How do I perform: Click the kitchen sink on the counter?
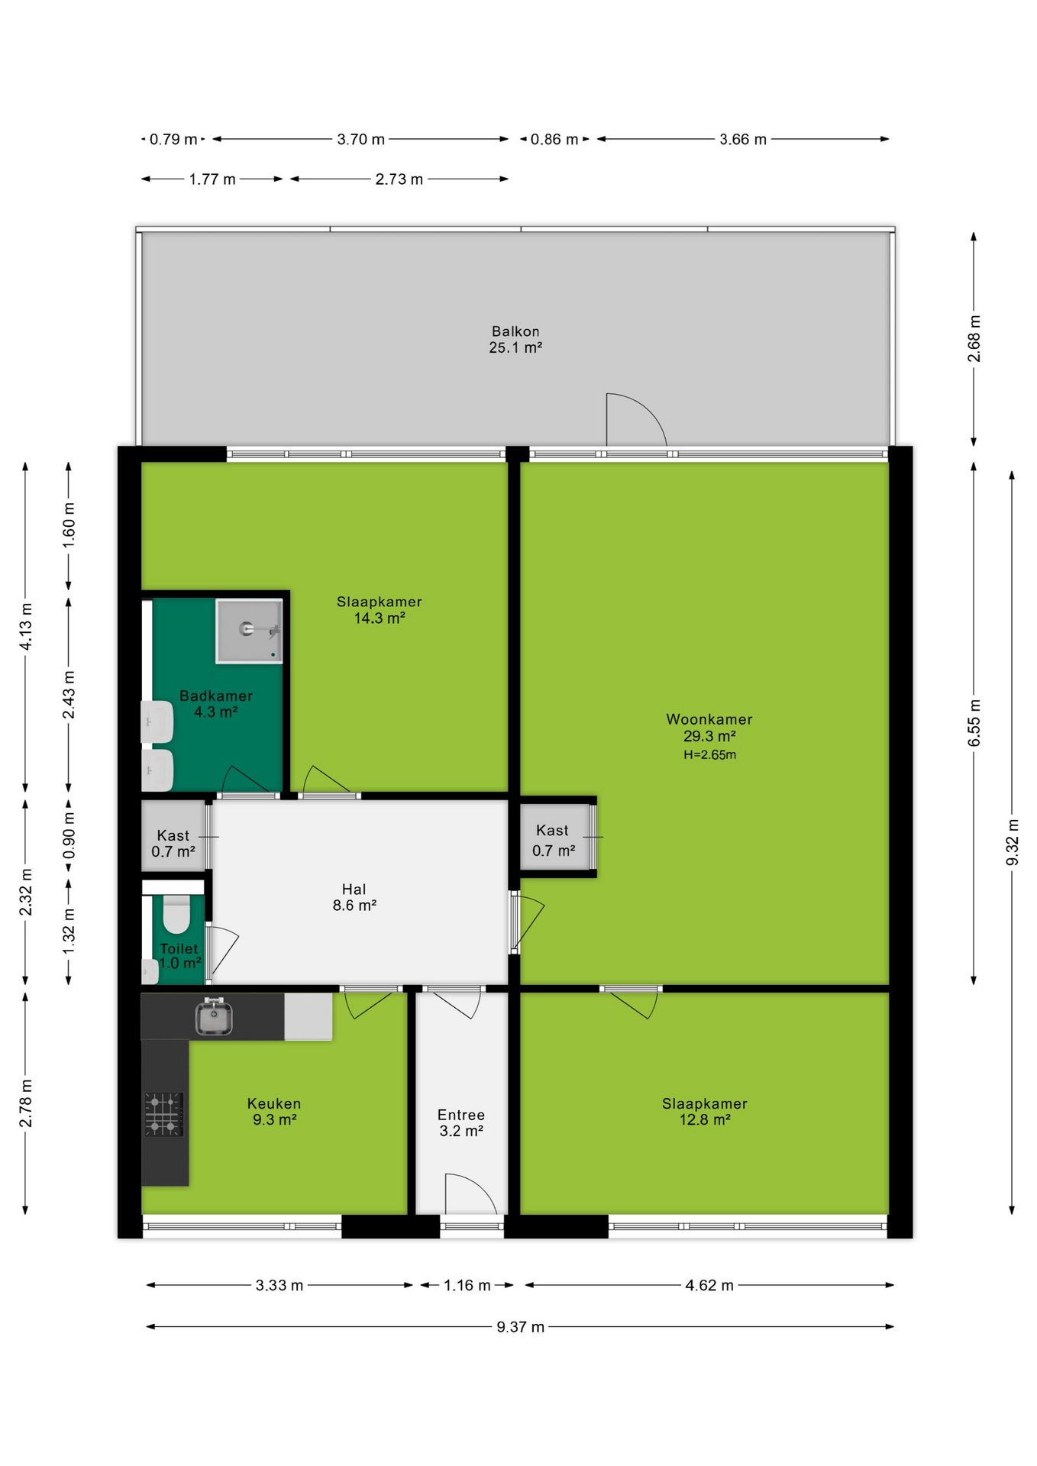pos(214,1016)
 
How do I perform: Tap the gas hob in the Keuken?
pos(163,1115)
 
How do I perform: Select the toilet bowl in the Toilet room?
pos(176,915)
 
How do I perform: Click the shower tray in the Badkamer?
pos(249,631)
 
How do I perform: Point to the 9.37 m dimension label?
pos(521,1327)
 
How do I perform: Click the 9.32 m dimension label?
pos(1013,842)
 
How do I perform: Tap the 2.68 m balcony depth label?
pos(974,338)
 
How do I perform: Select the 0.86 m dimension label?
pos(554,139)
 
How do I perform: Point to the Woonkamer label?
pos(709,719)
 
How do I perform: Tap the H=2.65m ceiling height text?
pos(710,755)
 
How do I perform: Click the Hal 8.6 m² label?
pos(354,897)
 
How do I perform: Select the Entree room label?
pos(461,1115)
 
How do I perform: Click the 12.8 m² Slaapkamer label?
pos(705,1112)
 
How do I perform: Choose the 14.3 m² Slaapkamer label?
pos(380,609)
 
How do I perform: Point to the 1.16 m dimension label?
pos(467,1286)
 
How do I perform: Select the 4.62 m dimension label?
pos(709,1286)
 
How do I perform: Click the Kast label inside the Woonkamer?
pos(552,830)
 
